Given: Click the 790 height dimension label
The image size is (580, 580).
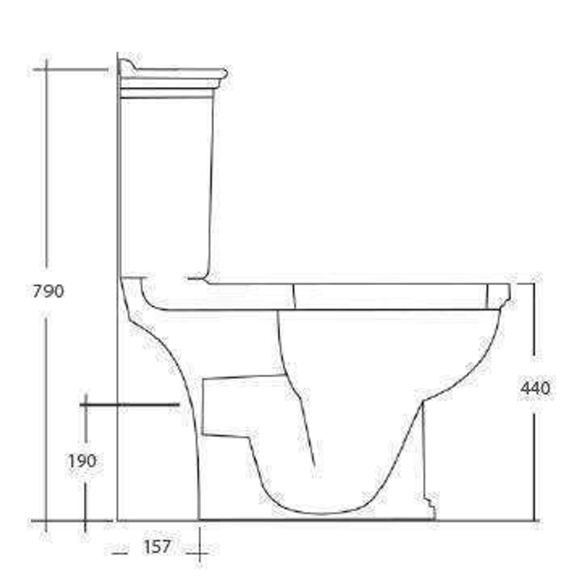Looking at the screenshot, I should [48, 292].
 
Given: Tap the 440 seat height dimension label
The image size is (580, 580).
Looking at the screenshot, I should [535, 388].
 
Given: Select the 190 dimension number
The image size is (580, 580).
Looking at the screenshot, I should [82, 461].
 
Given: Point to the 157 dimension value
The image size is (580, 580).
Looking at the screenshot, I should [157, 547].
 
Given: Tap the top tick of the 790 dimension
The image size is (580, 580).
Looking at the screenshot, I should [70, 70].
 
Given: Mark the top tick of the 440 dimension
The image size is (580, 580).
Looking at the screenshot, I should [529, 284].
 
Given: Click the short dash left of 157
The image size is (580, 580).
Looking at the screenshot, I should [119, 551].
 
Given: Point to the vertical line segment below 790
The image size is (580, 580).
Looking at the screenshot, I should [47, 419].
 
